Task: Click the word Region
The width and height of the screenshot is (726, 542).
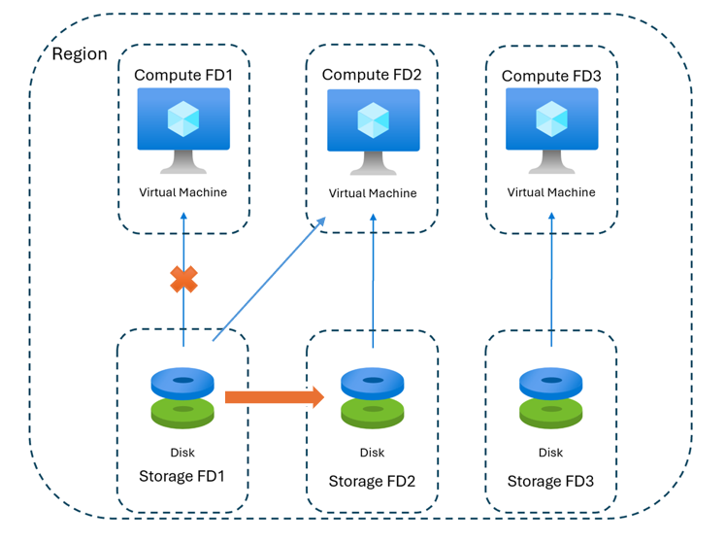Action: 80,53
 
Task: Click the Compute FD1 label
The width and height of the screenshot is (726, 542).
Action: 182,75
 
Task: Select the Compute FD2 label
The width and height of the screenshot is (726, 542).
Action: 372,75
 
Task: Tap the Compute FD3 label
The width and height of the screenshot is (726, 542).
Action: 549,76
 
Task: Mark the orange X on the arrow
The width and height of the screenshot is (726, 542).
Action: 183,280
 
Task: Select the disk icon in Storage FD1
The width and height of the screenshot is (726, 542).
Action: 182,395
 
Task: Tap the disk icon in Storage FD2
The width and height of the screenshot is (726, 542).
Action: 373,397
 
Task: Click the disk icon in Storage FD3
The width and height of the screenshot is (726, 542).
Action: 550,397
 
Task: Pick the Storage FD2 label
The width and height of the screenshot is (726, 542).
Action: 372,481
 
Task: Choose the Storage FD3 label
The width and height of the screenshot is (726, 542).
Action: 550,481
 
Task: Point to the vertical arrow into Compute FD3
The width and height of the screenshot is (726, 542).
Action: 551,282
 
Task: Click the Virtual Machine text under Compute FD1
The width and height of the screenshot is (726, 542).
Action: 182,192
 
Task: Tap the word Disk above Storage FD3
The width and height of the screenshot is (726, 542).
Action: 550,453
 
